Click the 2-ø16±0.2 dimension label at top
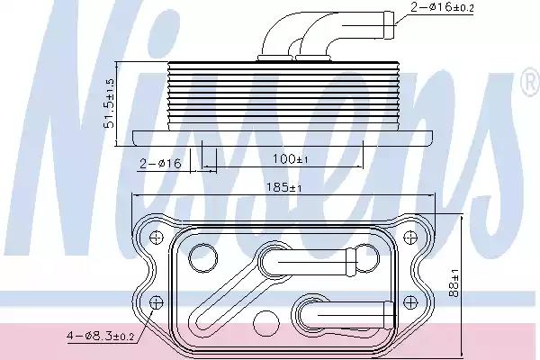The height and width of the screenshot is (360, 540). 442,6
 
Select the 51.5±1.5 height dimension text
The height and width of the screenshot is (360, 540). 109,103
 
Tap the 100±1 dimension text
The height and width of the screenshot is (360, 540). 291,158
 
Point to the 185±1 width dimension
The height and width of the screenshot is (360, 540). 284,187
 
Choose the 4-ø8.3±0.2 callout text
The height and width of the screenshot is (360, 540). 100,336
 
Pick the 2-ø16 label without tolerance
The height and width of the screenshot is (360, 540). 160,163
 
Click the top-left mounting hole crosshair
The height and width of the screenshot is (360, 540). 157,237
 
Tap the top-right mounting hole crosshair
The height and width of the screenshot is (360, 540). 409,237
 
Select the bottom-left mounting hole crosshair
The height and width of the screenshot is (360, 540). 157,302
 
